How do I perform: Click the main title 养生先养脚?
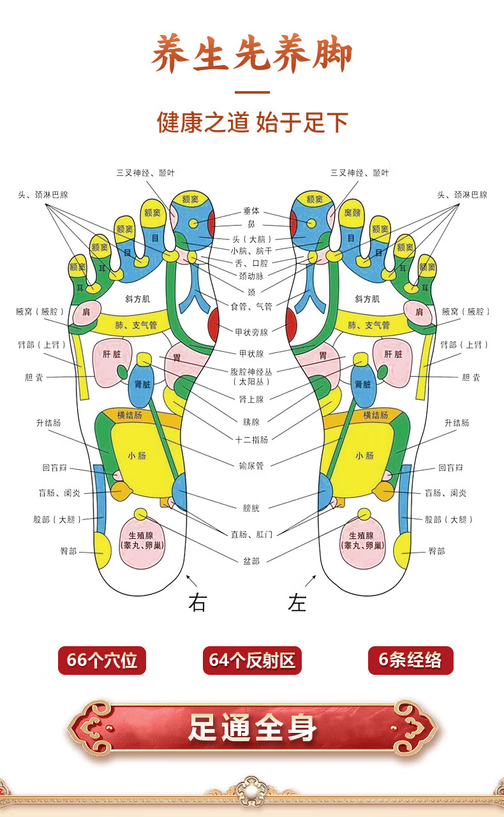[251, 56]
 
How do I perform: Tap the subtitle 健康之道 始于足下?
[252, 122]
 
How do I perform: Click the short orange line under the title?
[252, 92]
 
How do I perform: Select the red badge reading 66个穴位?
[102, 660]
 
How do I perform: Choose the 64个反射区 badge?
[252, 660]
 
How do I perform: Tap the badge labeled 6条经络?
[410, 660]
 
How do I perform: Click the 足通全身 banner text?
[252, 728]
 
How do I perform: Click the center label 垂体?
[251, 211]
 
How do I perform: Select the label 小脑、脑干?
[251, 250]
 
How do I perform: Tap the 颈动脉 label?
[251, 276]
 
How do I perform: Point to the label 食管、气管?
[251, 307]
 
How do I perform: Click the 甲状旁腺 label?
[251, 332]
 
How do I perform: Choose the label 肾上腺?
[251, 399]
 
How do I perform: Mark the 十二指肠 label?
[251, 439]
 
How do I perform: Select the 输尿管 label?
[251, 465]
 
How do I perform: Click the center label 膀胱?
[251, 508]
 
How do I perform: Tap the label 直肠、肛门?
[251, 534]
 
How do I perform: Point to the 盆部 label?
[251, 561]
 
